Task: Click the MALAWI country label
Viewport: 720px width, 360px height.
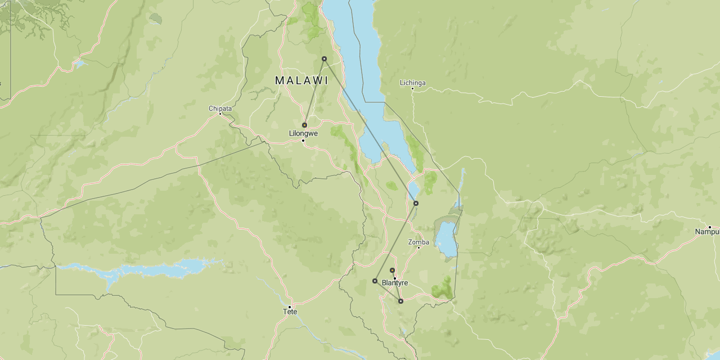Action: pyautogui.click(x=301, y=80)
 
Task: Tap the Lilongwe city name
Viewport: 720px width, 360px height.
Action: pyautogui.click(x=303, y=133)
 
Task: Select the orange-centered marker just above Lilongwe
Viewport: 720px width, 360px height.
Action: pyautogui.click(x=304, y=125)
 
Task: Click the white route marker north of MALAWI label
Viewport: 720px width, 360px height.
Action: pyautogui.click(x=324, y=58)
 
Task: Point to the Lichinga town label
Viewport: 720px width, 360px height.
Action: pyautogui.click(x=412, y=83)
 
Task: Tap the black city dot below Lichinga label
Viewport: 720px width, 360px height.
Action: pyautogui.click(x=412, y=89)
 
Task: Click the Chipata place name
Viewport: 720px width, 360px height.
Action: pyautogui.click(x=220, y=108)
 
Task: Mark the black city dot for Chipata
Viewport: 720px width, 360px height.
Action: pyautogui.click(x=220, y=114)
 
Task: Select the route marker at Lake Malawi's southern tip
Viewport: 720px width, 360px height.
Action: pyautogui.click(x=416, y=203)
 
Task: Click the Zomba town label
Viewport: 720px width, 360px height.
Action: pyautogui.click(x=418, y=242)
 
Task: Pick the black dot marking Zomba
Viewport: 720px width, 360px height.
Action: pyautogui.click(x=418, y=248)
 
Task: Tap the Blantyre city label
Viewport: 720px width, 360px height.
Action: pyautogui.click(x=394, y=283)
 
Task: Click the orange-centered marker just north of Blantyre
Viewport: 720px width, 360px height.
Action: pyautogui.click(x=392, y=270)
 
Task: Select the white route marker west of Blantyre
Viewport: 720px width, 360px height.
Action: pyautogui.click(x=375, y=281)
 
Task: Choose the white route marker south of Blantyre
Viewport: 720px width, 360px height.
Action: pyautogui.click(x=400, y=301)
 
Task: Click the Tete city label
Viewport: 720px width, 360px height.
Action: pyautogui.click(x=290, y=312)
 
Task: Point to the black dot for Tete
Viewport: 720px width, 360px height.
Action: pyautogui.click(x=290, y=307)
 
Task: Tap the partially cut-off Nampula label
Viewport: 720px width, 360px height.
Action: pyautogui.click(x=707, y=232)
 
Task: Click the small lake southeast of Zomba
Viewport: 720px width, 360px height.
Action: pyautogui.click(x=445, y=239)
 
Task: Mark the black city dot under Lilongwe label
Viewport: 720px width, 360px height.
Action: pyautogui.click(x=303, y=140)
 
